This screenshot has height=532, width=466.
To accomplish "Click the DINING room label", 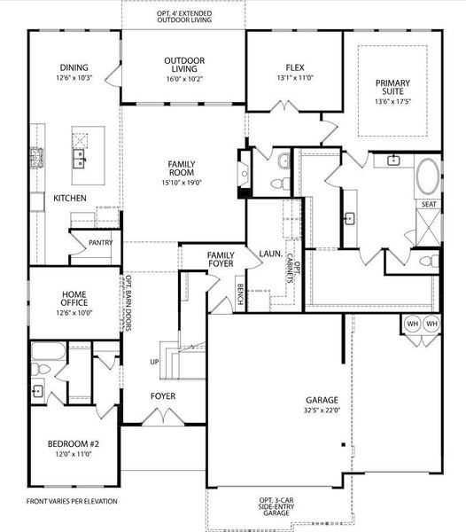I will [x=74, y=67].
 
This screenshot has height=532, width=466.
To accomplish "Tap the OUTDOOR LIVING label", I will [x=184, y=61].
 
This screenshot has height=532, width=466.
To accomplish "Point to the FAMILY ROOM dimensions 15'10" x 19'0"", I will [x=182, y=184].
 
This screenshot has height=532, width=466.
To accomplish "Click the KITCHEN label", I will [x=69, y=199].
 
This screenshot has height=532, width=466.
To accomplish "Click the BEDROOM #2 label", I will [x=74, y=442].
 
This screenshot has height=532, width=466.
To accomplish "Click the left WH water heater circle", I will [x=413, y=324].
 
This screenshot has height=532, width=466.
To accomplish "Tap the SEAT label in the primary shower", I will [x=429, y=205].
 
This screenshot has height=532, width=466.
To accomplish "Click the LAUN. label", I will [x=270, y=254].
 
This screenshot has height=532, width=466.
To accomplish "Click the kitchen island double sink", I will [x=79, y=160].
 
